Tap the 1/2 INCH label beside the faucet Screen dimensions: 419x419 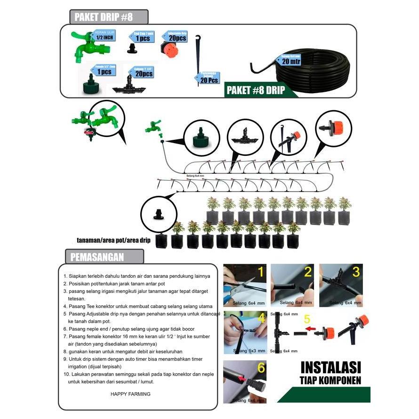point(105,37)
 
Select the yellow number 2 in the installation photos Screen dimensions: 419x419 point(308,272)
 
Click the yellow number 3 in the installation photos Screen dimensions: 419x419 point(356,272)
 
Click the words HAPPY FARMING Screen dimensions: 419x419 point(131,394)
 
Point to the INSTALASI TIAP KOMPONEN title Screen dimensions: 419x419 point(330,372)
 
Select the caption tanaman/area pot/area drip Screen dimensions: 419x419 point(113,240)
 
